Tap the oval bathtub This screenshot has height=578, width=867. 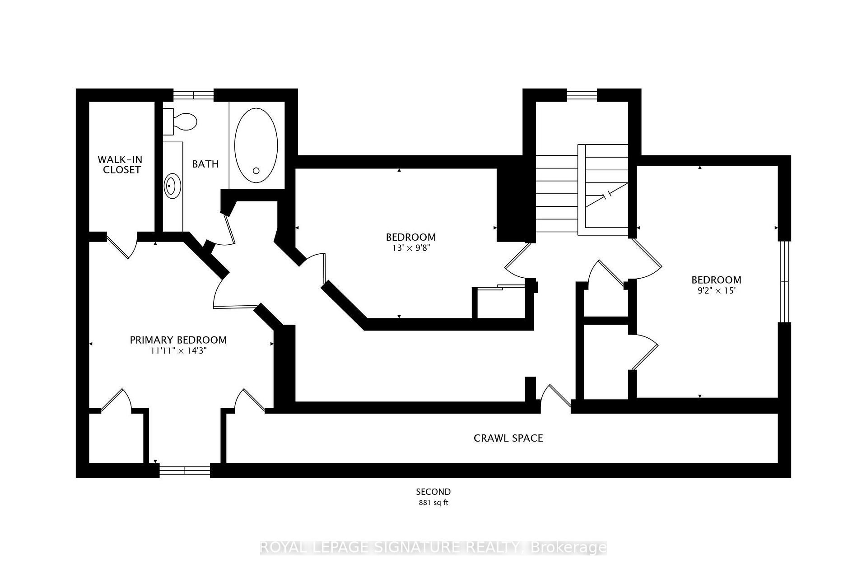tap(256, 145)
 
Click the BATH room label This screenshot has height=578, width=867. tap(205, 164)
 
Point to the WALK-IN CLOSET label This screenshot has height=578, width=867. tap(121, 164)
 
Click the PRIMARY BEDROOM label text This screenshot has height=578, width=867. tap(178, 340)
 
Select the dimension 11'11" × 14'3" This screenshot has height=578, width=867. tap(178, 351)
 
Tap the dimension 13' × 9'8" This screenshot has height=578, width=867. tap(410, 248)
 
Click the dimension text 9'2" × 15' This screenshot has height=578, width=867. tap(717, 290)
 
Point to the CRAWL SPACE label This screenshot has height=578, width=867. tap(508, 438)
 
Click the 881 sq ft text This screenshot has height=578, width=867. tap(433, 503)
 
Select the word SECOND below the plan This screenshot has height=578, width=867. tap(433, 492)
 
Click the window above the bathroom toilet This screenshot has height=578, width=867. tap(194, 95)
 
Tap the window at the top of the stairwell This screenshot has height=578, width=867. tap(582, 95)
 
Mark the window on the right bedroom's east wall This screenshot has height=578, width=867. tap(785, 282)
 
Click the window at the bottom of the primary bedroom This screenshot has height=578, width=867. tap(185, 471)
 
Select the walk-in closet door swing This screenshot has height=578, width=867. tap(122, 246)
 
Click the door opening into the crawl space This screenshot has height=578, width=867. tap(556, 397)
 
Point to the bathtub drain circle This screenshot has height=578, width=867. tap(256, 171)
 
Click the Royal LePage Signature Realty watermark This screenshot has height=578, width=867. tap(433, 547)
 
